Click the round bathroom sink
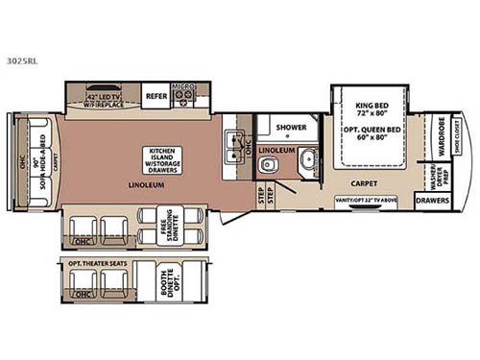click(307, 161)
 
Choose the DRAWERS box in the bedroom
click(434, 200)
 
